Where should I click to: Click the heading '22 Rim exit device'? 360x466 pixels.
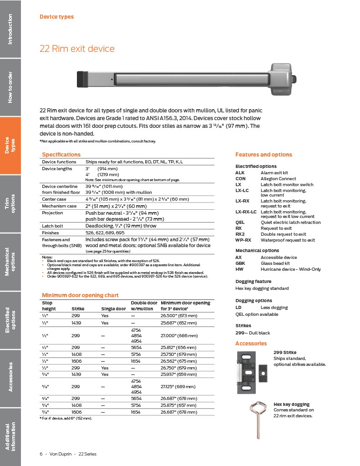(x=77, y=49)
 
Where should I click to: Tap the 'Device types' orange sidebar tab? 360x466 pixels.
(x=10, y=146)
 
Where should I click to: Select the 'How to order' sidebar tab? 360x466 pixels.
(x=10, y=87)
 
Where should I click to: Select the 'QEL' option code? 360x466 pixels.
(x=240, y=223)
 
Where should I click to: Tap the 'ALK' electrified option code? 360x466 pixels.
(x=240, y=173)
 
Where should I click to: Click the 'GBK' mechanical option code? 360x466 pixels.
(x=240, y=263)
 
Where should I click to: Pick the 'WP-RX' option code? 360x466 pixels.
(x=243, y=240)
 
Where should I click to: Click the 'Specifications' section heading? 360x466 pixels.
(x=61, y=155)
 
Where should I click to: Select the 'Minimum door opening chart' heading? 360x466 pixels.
(x=80, y=295)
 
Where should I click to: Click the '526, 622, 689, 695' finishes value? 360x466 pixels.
(x=104, y=233)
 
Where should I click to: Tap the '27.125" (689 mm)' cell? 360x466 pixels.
(x=179, y=386)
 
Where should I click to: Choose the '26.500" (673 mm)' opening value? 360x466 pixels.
(x=179, y=315)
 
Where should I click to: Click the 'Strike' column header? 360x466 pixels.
(x=78, y=309)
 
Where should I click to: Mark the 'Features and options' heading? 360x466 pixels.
(x=264, y=155)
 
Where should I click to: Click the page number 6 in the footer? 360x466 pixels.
(x=41, y=454)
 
